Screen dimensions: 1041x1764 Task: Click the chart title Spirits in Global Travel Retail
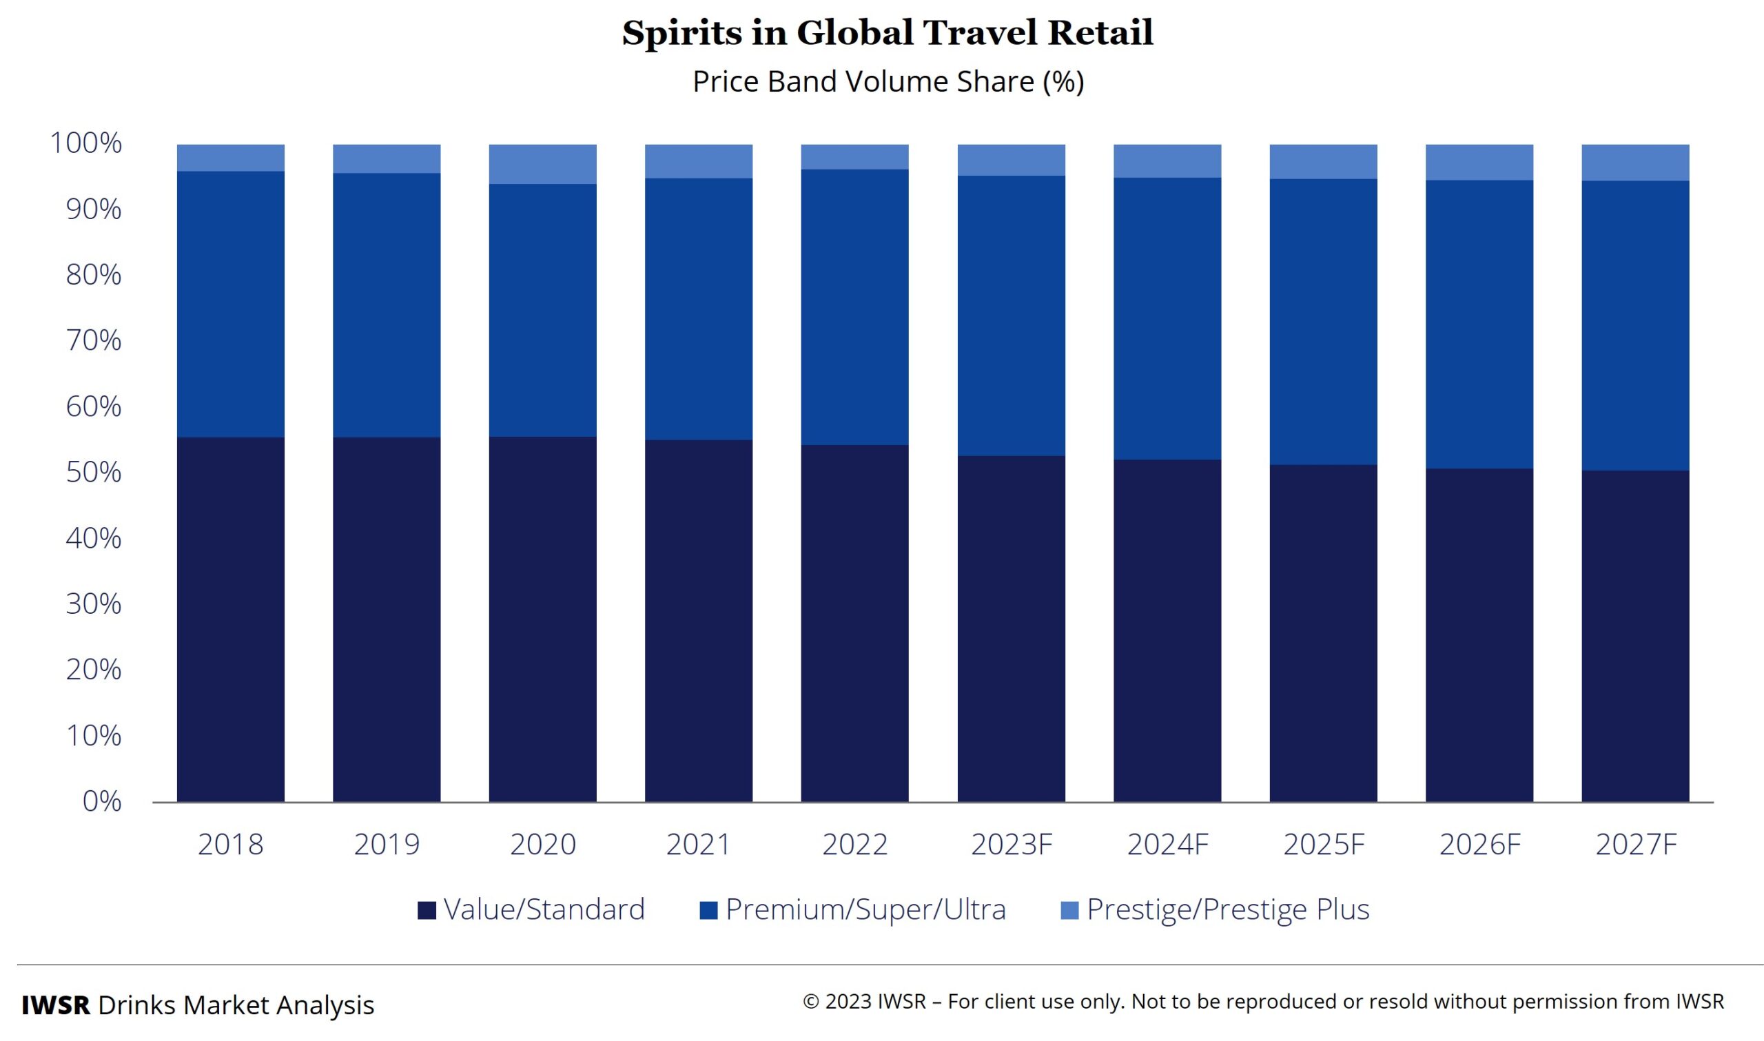click(x=888, y=33)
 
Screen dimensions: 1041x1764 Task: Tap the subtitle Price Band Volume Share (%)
click(x=888, y=81)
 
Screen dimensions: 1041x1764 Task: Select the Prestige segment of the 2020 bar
click(x=542, y=164)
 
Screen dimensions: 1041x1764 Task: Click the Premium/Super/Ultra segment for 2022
click(x=854, y=307)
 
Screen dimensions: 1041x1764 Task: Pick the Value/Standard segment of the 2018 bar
click(x=230, y=619)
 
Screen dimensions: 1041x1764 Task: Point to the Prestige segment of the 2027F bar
click(x=1634, y=163)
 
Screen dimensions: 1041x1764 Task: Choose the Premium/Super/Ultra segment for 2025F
click(x=1323, y=321)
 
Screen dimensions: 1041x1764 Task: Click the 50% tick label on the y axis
click(x=93, y=473)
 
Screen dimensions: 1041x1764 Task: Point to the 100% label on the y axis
click(x=85, y=143)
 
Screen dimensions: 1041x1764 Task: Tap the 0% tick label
click(x=102, y=801)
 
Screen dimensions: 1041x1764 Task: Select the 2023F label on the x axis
click(x=1012, y=844)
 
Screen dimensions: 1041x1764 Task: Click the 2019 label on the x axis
click(x=387, y=844)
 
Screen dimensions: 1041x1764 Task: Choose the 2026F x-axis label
click(x=1480, y=844)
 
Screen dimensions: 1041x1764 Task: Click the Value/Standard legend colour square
click(x=427, y=911)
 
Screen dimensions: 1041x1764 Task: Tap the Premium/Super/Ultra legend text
click(x=865, y=910)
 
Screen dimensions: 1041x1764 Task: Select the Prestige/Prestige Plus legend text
click(x=1227, y=910)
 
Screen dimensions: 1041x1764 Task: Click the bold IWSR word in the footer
click(x=55, y=1005)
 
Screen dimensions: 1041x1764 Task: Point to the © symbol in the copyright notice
click(x=811, y=1002)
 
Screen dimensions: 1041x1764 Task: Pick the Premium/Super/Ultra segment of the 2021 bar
click(x=699, y=309)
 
